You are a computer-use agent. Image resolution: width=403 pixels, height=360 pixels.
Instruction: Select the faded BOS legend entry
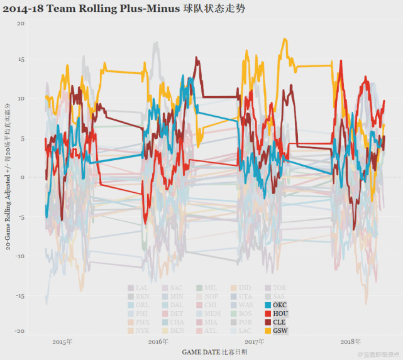click(x=241, y=313)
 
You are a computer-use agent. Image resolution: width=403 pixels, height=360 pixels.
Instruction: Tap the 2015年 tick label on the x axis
click(x=62, y=342)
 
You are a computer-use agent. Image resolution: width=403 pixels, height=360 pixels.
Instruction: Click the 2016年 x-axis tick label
click(x=158, y=342)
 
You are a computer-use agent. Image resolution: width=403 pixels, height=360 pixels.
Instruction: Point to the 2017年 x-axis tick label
click(x=255, y=342)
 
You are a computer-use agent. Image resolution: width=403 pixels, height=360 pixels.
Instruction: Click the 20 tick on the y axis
click(x=21, y=23)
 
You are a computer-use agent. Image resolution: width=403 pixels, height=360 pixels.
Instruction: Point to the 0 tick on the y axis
click(x=22, y=177)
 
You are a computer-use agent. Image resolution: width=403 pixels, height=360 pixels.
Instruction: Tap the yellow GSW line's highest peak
click(x=285, y=39)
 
